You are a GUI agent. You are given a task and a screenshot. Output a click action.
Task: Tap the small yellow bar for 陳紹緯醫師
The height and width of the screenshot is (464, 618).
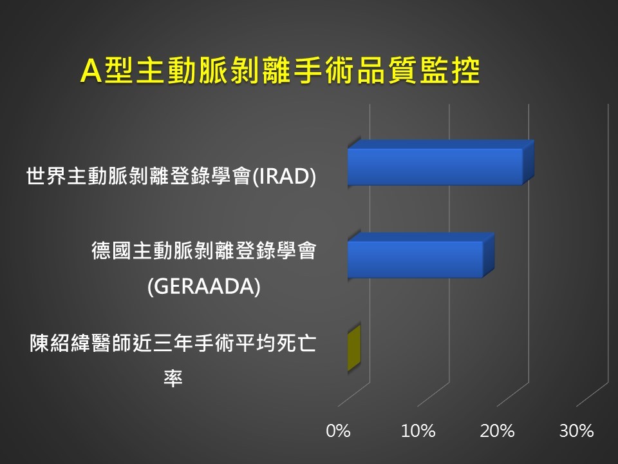[x=354, y=349]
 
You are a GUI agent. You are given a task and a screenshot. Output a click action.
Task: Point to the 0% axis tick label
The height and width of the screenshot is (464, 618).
[x=338, y=431]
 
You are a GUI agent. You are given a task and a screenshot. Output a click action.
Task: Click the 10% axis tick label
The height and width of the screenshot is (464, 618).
[x=418, y=431]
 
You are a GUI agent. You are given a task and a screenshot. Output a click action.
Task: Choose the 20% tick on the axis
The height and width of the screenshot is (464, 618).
[x=498, y=431]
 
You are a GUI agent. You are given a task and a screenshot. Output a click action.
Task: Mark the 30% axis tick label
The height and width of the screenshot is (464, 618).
[x=577, y=431]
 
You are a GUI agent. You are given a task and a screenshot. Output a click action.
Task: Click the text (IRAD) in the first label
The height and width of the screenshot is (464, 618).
[x=284, y=176]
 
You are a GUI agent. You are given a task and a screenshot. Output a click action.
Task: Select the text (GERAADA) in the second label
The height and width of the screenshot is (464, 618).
[x=204, y=286]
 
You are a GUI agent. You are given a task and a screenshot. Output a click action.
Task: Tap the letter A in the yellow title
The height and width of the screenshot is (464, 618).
[x=91, y=71]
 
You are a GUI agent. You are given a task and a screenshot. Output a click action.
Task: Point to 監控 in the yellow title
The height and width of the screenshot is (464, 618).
[x=449, y=71]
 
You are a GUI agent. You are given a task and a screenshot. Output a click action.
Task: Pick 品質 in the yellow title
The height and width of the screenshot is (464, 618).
[x=386, y=71]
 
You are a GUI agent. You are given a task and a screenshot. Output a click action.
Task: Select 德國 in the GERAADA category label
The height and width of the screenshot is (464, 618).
[x=111, y=251]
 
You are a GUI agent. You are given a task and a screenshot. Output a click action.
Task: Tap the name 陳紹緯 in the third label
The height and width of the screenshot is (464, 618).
[x=60, y=343]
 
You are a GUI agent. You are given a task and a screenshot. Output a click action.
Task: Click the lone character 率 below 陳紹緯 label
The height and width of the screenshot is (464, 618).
[x=173, y=378]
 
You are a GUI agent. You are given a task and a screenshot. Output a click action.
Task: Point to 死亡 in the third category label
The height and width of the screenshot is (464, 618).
[x=296, y=343]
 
